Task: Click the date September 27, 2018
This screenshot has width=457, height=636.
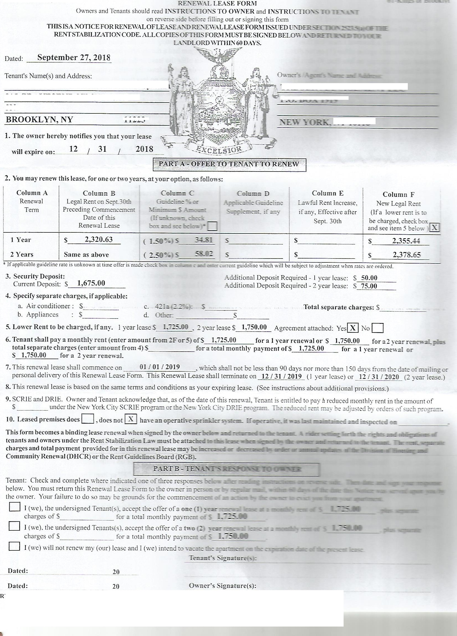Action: (x=74, y=58)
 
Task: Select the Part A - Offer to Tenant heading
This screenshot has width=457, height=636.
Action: (x=229, y=164)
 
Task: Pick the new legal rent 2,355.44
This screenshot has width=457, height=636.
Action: (x=406, y=241)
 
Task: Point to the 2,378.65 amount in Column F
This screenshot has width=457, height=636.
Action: (x=406, y=255)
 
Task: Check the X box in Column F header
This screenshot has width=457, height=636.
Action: (x=434, y=227)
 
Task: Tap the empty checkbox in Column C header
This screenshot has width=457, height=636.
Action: (x=213, y=226)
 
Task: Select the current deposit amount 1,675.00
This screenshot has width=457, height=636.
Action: (x=91, y=283)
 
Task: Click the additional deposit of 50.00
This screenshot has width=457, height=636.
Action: (x=369, y=278)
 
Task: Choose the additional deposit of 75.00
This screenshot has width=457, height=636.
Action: (x=369, y=286)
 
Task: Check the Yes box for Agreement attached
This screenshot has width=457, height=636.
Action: (x=353, y=328)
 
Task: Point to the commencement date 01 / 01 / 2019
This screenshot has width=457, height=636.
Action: (x=160, y=367)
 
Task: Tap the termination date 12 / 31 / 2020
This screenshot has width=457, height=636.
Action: (x=379, y=377)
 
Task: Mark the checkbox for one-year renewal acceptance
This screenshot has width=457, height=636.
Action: (x=14, y=506)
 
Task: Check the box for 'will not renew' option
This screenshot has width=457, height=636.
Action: (x=14, y=546)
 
